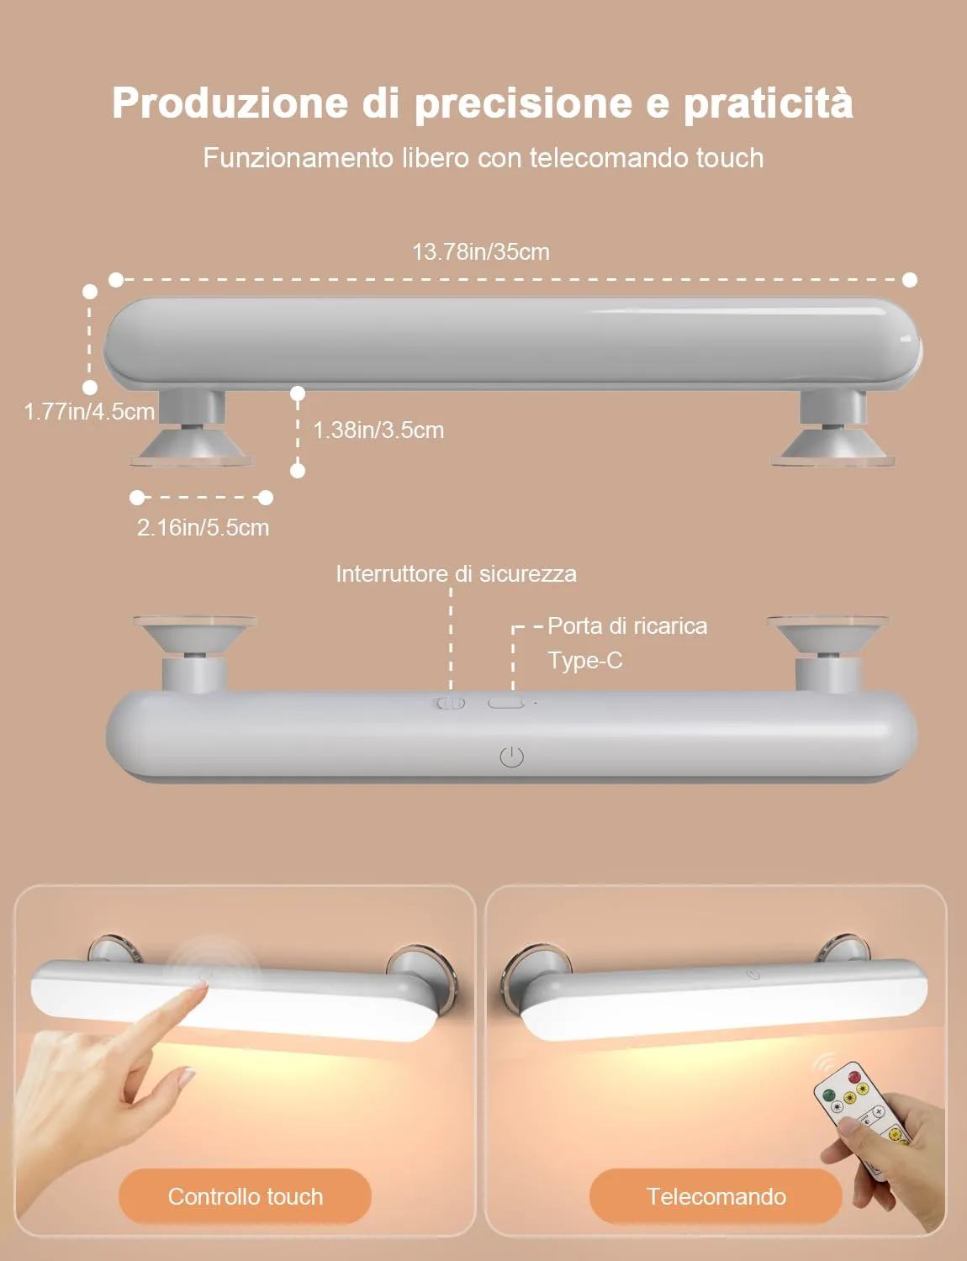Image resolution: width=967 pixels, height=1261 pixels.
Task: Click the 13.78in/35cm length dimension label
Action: point(481,252)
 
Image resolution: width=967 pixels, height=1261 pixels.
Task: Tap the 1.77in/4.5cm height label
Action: point(89,411)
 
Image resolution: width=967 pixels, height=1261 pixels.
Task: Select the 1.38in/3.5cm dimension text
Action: point(378,430)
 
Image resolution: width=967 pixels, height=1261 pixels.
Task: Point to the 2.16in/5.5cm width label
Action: point(203,527)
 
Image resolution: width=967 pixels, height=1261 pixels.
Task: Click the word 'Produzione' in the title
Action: point(230,103)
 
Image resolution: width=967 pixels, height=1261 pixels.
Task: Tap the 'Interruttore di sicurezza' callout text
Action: point(457,574)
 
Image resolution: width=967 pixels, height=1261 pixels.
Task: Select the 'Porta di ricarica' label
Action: point(627,626)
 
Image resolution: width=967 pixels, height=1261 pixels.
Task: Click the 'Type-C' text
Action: point(585,661)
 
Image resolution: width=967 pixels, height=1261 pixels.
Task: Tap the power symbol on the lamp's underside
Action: point(511,757)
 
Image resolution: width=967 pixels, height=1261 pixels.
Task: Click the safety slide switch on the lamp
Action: point(449,704)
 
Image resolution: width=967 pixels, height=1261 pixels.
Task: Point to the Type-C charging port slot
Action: point(505,704)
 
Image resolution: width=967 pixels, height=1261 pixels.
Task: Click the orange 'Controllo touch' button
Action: point(245,1196)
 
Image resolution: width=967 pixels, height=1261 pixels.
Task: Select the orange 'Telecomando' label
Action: point(716,1196)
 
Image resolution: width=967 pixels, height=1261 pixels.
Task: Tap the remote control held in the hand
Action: point(859,1117)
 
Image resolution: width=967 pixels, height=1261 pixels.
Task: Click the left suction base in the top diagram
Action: point(192,447)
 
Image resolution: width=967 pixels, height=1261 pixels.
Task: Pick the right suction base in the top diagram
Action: point(833,447)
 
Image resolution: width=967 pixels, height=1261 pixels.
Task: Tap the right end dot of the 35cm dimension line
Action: point(910,280)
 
